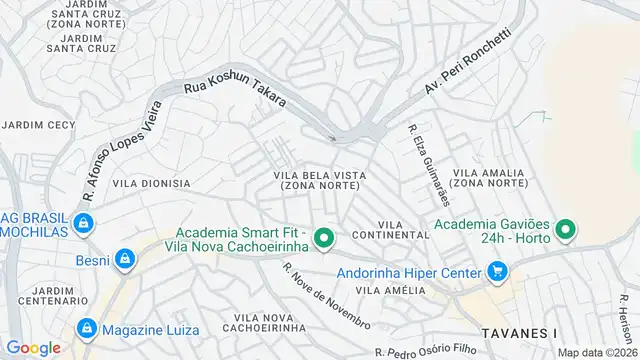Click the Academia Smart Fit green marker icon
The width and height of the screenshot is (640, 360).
click(x=323, y=239)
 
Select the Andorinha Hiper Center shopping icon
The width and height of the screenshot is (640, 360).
click(x=496, y=270)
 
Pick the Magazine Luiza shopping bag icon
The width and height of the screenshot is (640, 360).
click(x=86, y=329)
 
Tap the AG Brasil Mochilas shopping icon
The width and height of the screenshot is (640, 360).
click(x=86, y=223)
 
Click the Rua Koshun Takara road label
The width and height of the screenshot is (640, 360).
click(x=235, y=96)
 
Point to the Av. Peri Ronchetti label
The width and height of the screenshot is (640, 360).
click(x=467, y=62)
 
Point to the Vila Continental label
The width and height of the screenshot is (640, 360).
click(x=405, y=229)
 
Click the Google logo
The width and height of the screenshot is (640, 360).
click(x=33, y=347)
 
